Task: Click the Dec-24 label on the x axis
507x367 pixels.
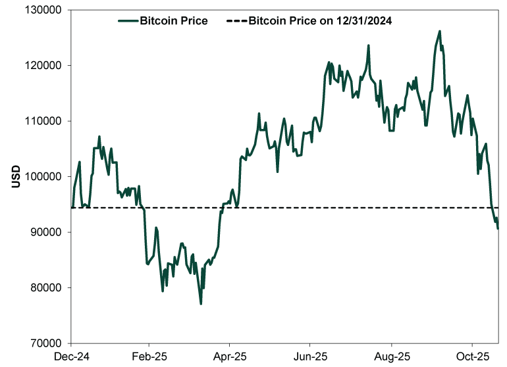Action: point(69,356)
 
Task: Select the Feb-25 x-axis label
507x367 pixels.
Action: point(149,356)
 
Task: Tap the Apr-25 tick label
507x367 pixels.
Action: point(229,356)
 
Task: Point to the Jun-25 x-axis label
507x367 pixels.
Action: point(310,356)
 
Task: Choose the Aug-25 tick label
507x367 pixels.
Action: point(392,356)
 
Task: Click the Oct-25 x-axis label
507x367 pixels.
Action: point(472,356)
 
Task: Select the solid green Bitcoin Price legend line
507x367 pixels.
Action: point(128,21)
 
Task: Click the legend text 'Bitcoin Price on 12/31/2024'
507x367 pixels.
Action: point(321,21)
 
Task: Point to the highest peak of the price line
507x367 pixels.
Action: point(439,31)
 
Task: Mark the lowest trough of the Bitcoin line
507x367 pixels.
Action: point(201,303)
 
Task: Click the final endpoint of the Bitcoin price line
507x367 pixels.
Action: point(498,228)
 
